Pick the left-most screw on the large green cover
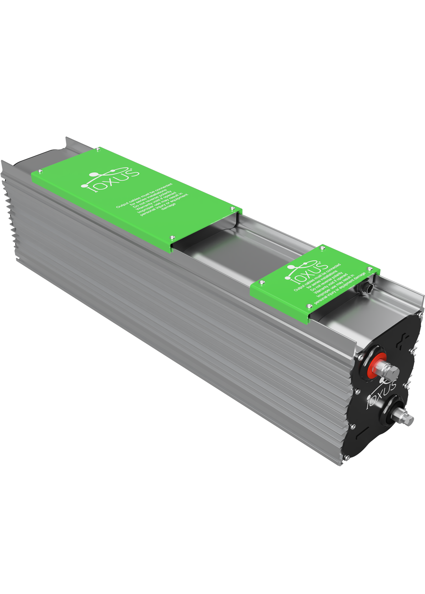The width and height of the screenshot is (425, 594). (x=39, y=170)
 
